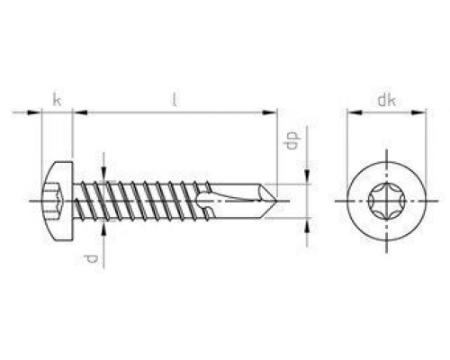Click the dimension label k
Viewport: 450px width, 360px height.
coord(57,100)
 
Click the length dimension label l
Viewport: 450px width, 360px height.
coord(174,100)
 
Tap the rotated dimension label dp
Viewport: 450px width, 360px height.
coord(292,140)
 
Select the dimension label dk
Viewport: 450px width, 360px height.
coord(386,100)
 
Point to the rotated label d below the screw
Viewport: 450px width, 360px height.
coord(91,258)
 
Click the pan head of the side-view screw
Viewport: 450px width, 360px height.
coord(58,201)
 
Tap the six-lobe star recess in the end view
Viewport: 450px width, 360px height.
coord(386,201)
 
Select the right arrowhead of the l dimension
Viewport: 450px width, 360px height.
coord(270,112)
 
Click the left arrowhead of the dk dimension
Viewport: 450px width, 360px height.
coord(355,112)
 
